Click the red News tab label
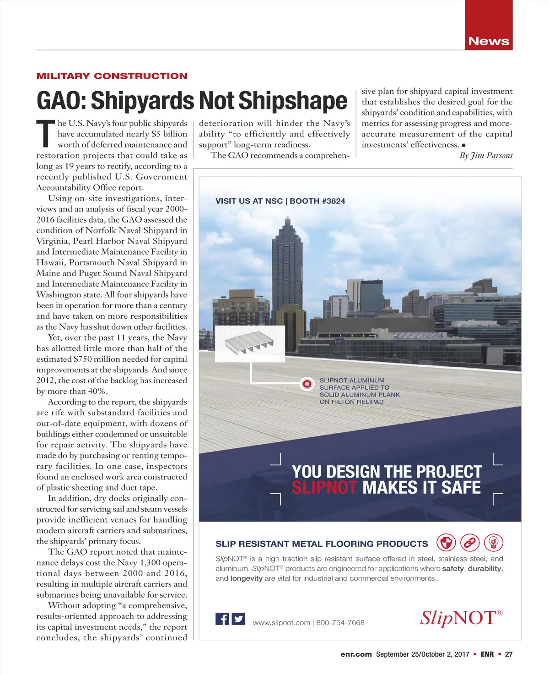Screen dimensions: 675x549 (488, 41)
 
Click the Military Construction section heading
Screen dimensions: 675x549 (112, 76)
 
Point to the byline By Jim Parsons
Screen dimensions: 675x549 (486, 156)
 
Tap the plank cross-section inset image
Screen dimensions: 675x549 (250, 344)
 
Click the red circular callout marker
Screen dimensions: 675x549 (307, 384)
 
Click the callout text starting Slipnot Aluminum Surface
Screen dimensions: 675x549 (359, 391)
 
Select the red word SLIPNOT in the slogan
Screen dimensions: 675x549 (324, 488)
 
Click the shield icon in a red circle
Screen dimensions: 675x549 (446, 543)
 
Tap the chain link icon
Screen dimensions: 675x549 (470, 543)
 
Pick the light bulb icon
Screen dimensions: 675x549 (494, 543)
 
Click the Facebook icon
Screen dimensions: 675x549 (222, 619)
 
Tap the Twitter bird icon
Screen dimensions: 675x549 (238, 619)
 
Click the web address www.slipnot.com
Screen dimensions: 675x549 (281, 623)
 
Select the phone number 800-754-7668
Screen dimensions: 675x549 (340, 623)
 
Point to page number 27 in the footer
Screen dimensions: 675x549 (508, 654)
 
